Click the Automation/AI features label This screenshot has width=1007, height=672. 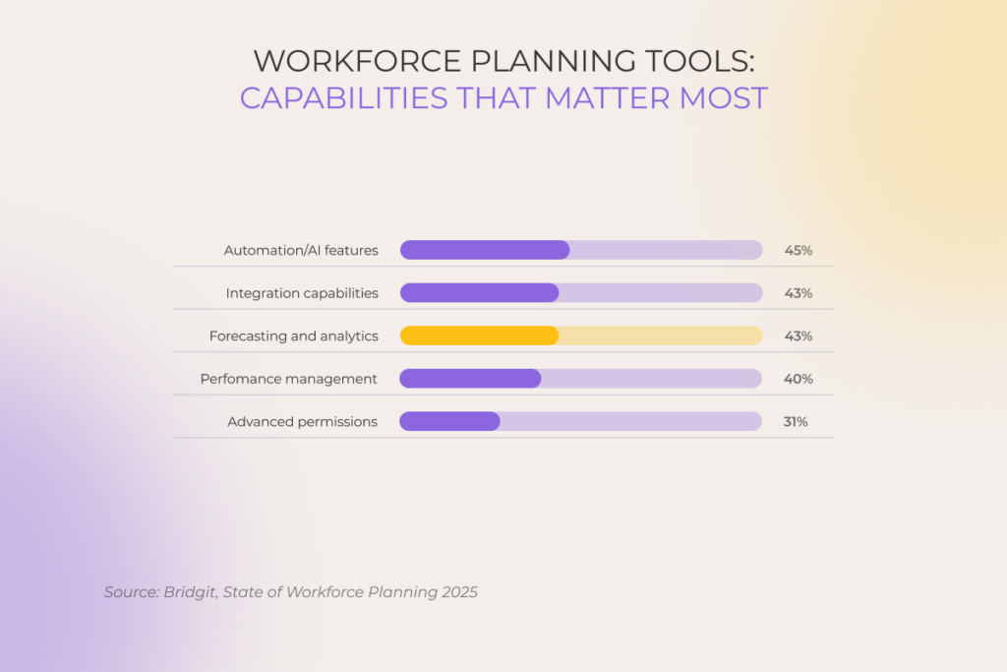(301, 250)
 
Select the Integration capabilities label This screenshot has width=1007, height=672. (302, 293)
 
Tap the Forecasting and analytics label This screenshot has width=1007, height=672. (293, 336)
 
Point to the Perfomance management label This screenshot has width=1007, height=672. (288, 379)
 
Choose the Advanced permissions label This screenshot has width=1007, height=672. (302, 421)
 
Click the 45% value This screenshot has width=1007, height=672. (798, 250)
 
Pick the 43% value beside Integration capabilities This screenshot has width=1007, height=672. (798, 293)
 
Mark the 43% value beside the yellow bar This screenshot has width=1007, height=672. (798, 336)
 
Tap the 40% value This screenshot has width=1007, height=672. (798, 379)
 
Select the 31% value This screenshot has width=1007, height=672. (796, 421)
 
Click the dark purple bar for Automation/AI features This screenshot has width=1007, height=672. (485, 250)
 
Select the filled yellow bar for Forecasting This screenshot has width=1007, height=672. (479, 336)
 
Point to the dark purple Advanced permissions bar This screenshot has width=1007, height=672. (449, 421)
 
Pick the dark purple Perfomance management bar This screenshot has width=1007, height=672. (470, 379)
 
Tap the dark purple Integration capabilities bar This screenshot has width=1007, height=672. (479, 293)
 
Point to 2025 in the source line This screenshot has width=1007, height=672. (458, 592)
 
